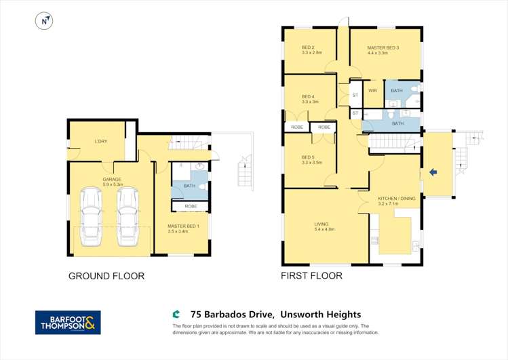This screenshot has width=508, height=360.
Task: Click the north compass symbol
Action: click(x=44, y=21)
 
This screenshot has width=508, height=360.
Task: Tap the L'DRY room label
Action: click(x=101, y=141)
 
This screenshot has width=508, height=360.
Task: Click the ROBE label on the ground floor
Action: click(x=190, y=206)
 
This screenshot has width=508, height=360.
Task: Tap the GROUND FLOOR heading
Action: click(x=106, y=276)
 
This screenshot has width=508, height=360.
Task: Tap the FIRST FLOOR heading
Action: click(x=312, y=276)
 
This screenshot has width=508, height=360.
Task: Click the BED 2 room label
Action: click(x=311, y=49)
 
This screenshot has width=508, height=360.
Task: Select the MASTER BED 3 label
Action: click(x=383, y=49)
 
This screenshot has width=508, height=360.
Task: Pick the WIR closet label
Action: click(x=372, y=91)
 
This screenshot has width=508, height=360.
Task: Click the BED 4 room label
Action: click(x=309, y=99)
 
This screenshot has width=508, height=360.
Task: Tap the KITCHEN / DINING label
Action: click(x=395, y=200)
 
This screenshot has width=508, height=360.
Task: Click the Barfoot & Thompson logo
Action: click(x=68, y=322)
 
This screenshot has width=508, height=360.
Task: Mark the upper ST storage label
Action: click(x=355, y=96)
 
